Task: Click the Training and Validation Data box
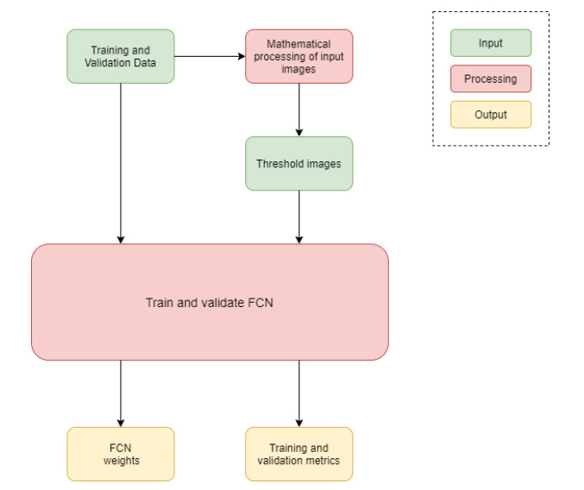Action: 121,57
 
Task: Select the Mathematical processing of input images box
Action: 299,57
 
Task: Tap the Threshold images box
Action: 299,164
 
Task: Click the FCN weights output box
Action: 121,455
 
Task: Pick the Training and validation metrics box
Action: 299,455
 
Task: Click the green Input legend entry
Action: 491,43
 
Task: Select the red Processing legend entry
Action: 491,79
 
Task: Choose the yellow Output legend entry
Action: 491,115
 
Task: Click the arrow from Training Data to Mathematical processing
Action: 210,57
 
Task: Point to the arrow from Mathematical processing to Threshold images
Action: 299,110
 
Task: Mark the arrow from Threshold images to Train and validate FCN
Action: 299,217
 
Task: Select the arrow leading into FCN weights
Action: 121,393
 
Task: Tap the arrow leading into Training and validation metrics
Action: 299,393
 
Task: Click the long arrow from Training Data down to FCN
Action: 121,163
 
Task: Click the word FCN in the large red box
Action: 261,303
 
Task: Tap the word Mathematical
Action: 298,44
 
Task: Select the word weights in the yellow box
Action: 122,461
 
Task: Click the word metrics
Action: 321,461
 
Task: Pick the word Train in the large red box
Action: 160,303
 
